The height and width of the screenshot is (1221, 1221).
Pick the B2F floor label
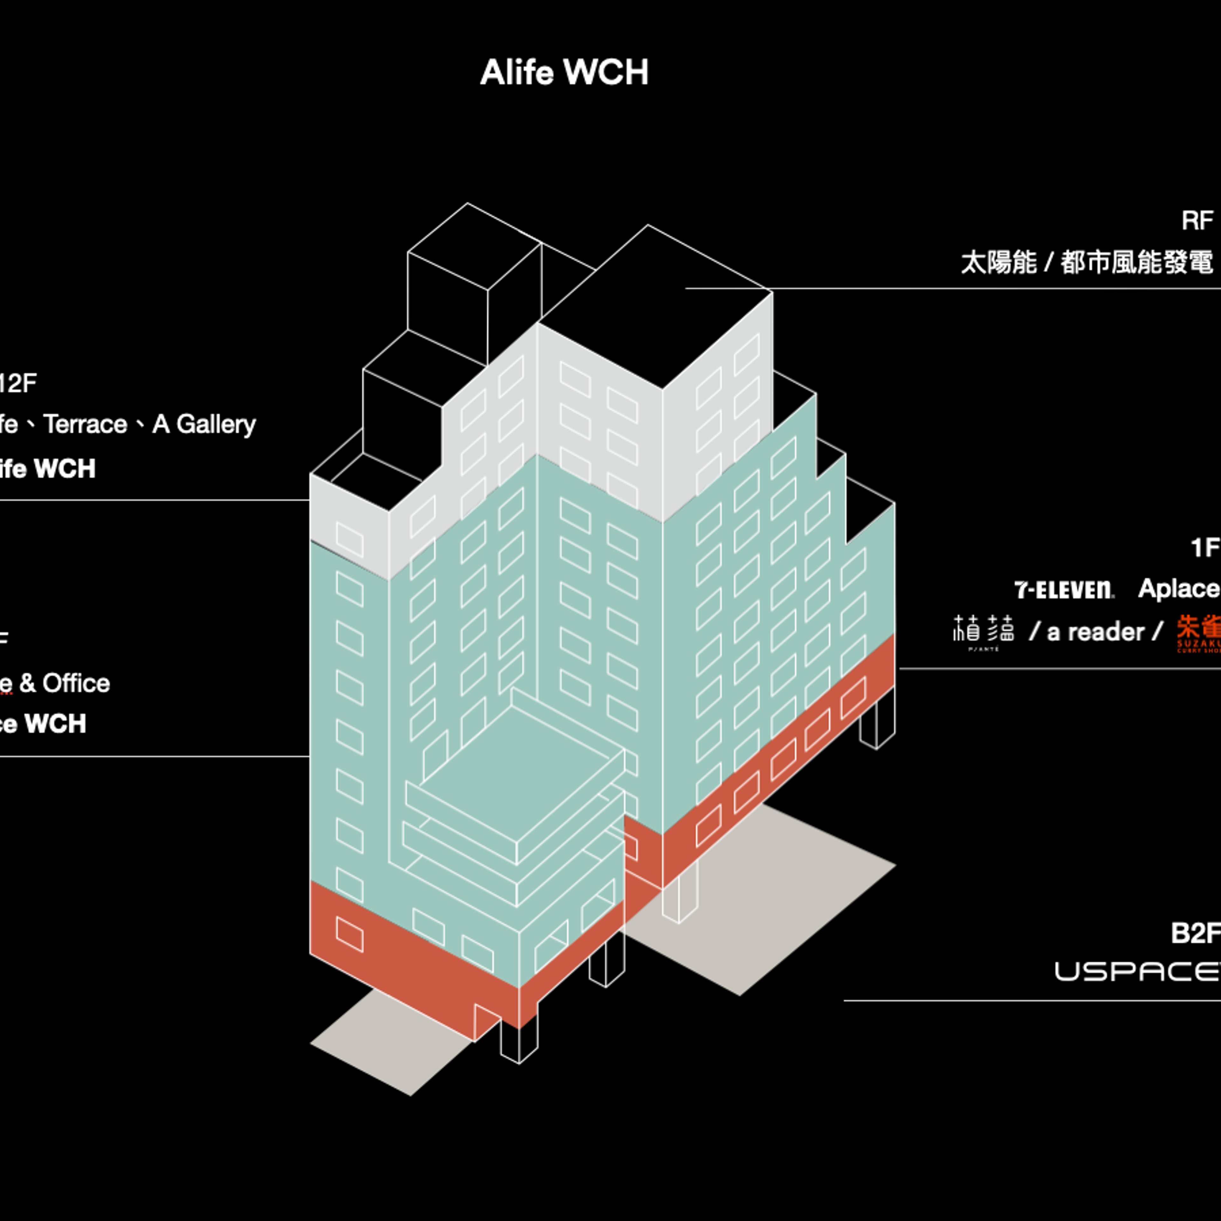pyautogui.click(x=1195, y=933)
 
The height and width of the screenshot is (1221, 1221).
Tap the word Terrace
pyautogui.click(x=85, y=424)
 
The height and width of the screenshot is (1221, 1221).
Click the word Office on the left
pyautogui.click(x=76, y=683)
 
